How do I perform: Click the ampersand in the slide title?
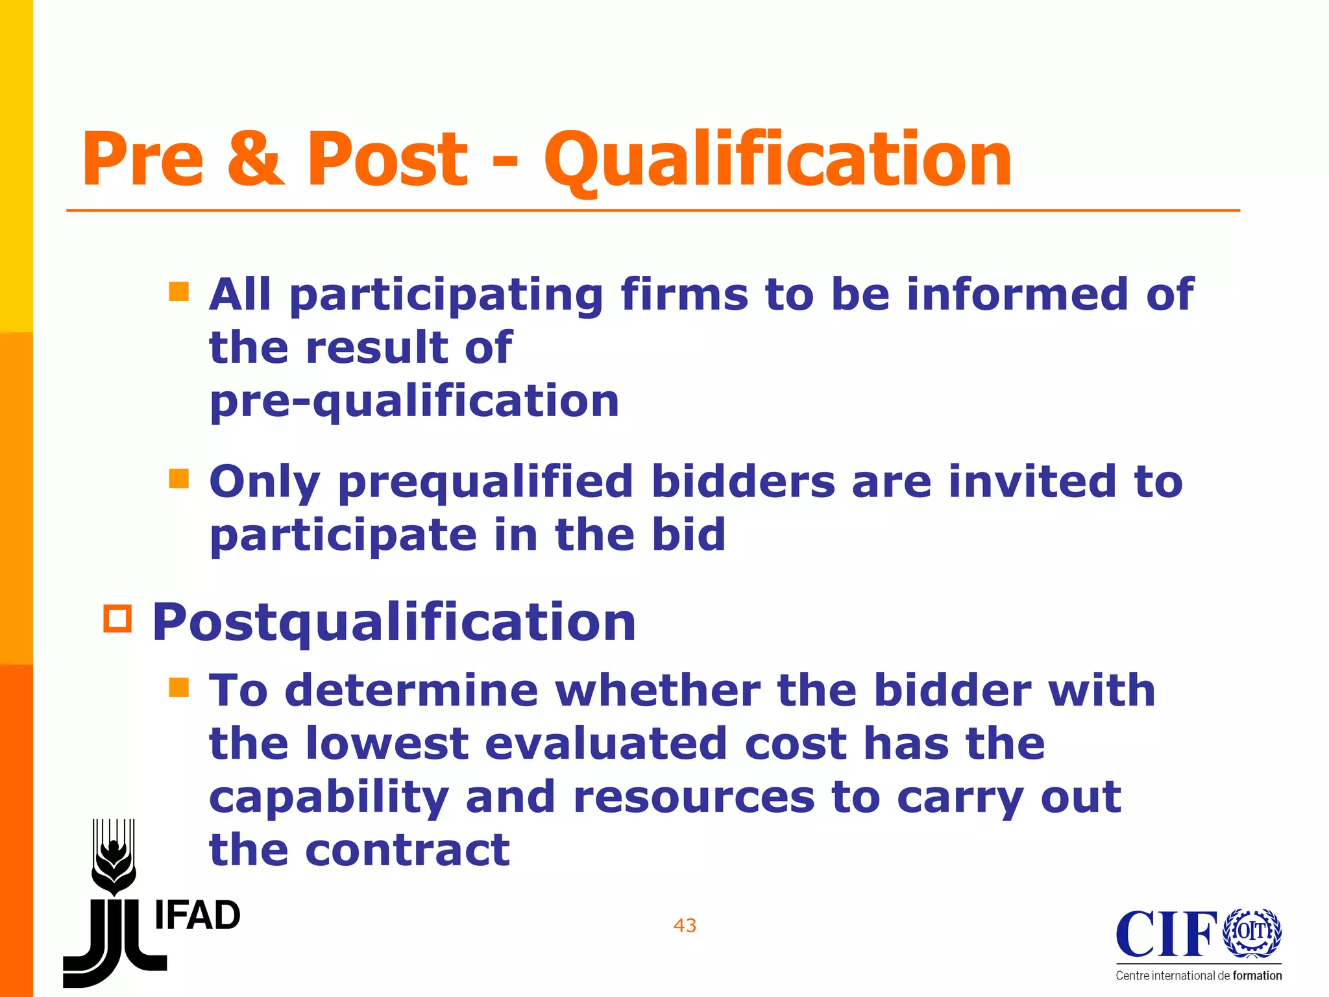[x=256, y=159]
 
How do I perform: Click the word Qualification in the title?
[x=777, y=159]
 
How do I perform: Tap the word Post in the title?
[x=387, y=159]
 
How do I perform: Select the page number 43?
[x=685, y=925]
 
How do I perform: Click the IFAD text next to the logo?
[x=197, y=916]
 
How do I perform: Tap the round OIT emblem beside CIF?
[x=1252, y=932]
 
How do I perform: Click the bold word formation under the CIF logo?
[x=1257, y=976]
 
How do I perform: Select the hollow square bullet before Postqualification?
[x=117, y=619]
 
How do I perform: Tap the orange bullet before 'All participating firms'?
[x=178, y=291]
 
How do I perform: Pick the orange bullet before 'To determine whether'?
[x=178, y=687]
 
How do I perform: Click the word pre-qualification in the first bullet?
[x=414, y=401]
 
